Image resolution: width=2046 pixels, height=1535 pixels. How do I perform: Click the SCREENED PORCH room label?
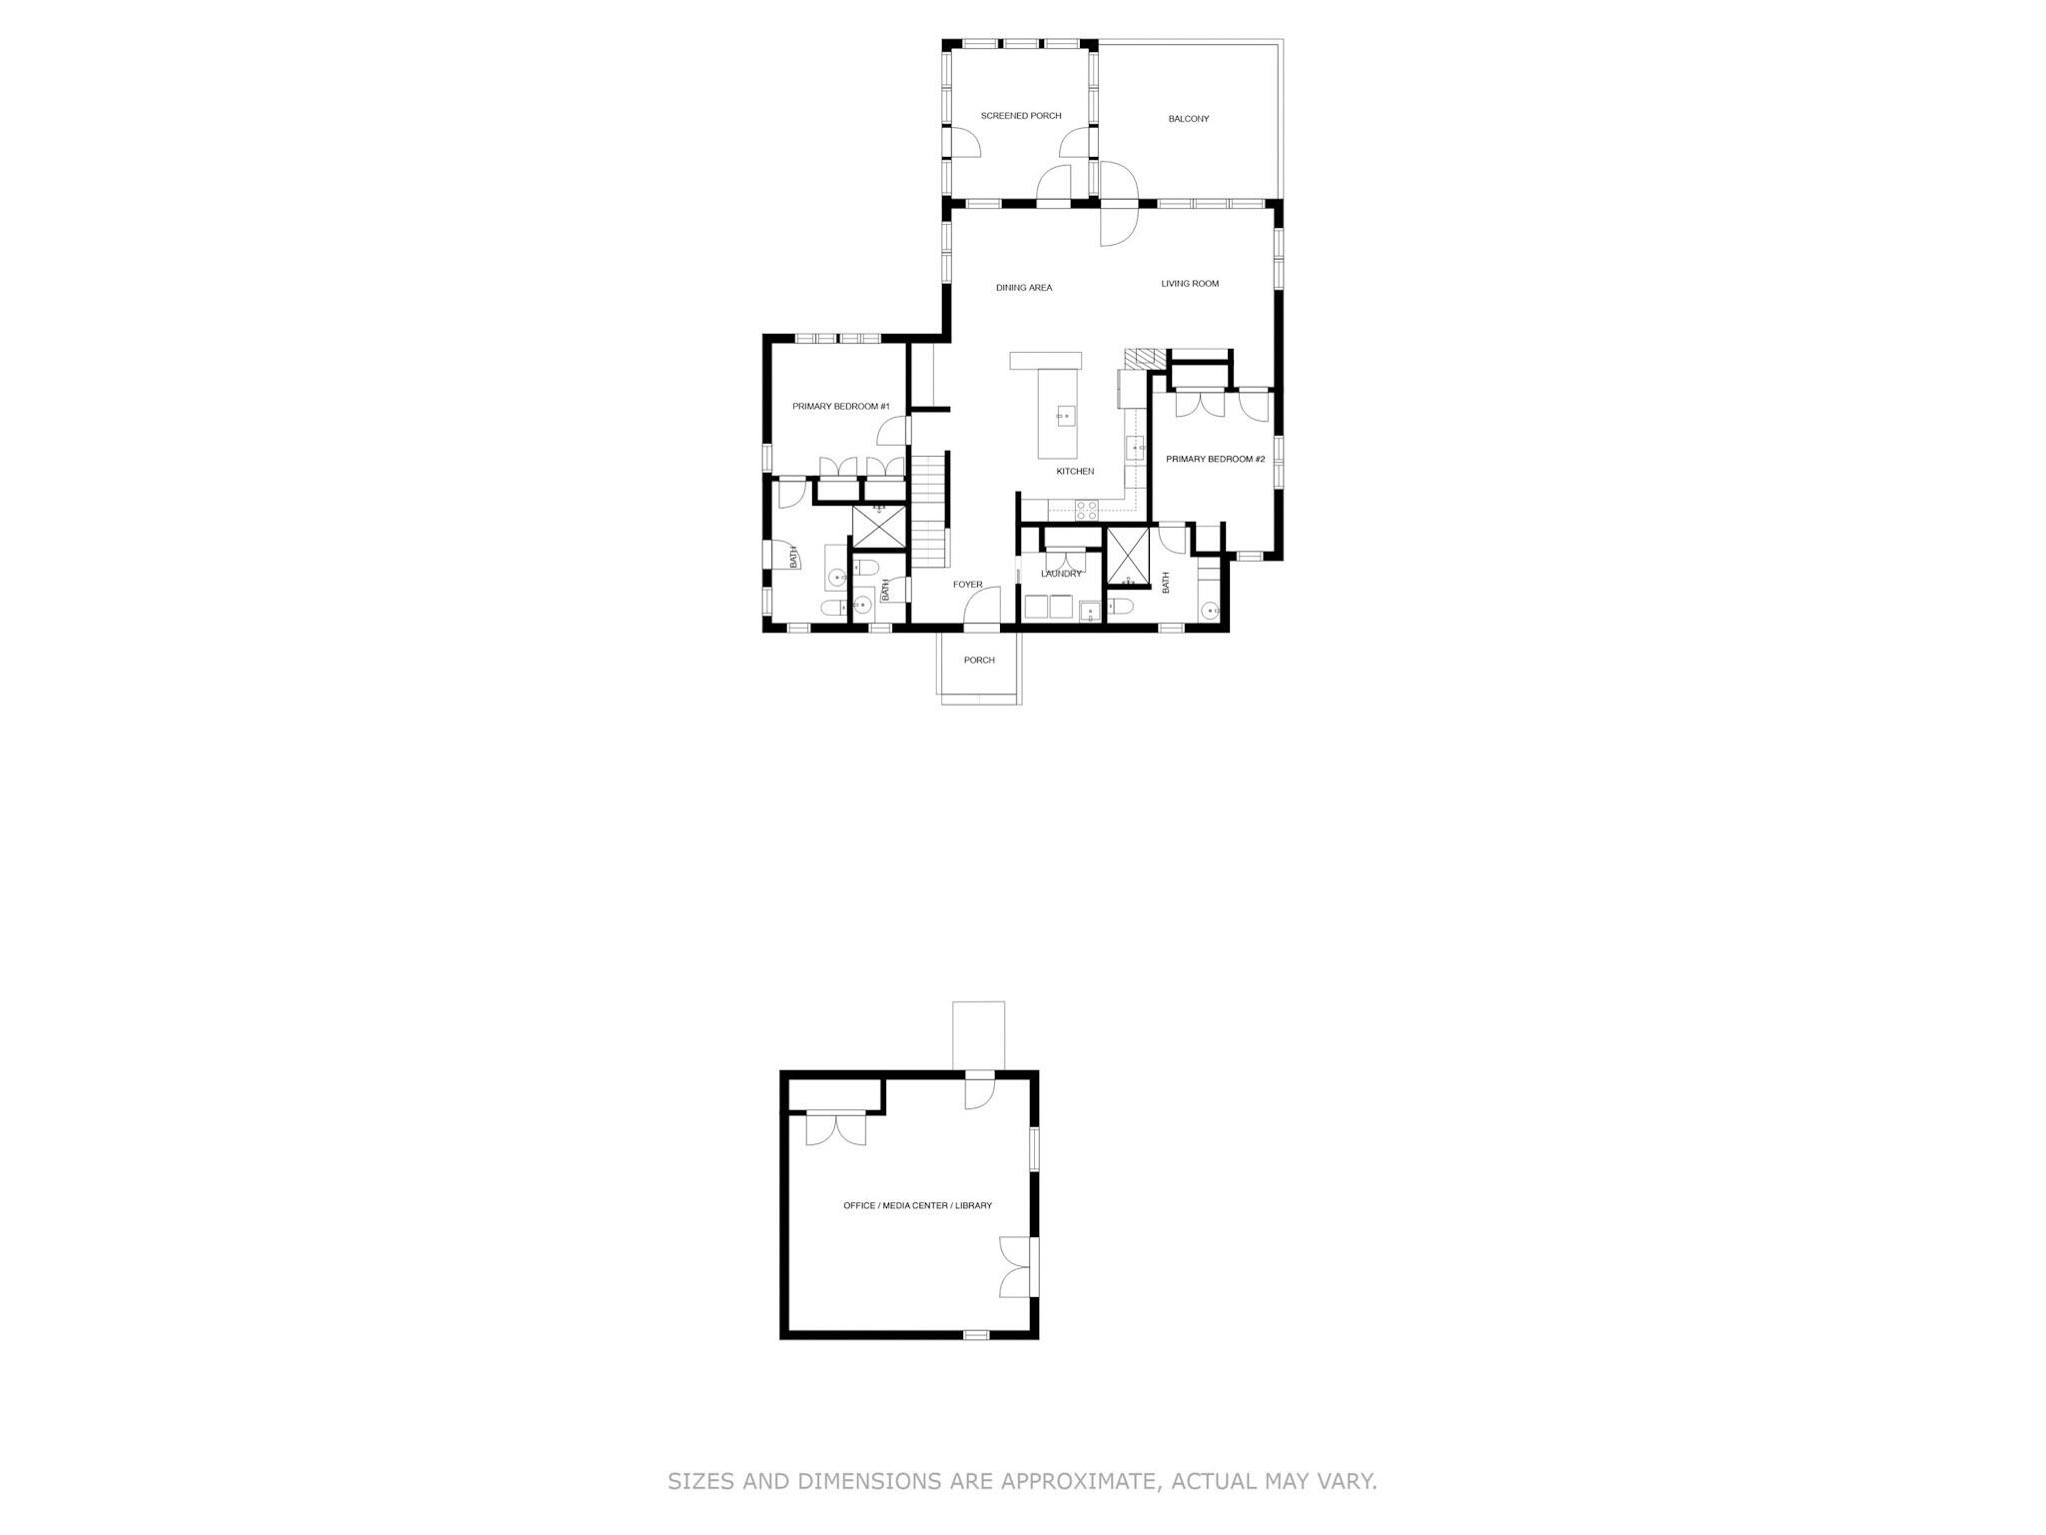tap(1020, 116)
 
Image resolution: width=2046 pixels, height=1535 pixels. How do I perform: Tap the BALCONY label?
tap(1189, 119)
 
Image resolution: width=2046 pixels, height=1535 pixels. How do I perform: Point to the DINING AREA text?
tap(1024, 288)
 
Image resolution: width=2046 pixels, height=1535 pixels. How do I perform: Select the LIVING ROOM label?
tap(1190, 284)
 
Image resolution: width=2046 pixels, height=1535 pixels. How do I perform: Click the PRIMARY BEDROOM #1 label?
tap(840, 407)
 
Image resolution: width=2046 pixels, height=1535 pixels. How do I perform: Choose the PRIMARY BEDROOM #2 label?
tap(1216, 459)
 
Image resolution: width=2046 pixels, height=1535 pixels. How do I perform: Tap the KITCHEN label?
tap(1075, 472)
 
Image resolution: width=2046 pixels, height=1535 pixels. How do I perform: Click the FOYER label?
tap(967, 585)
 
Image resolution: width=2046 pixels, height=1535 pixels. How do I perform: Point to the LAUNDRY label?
tap(1061, 574)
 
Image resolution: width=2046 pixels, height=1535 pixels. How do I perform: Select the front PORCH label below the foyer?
tap(979, 660)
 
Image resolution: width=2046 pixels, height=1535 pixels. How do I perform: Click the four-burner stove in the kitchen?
tap(1087, 510)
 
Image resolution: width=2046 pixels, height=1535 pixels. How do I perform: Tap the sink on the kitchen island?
tap(1064, 415)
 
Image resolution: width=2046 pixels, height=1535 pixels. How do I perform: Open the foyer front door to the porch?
tap(985, 609)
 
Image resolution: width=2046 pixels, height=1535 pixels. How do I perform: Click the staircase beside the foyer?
tap(930, 510)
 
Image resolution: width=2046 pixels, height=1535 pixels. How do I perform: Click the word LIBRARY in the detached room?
tap(973, 1206)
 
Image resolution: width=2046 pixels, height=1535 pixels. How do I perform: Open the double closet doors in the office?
tap(836, 1129)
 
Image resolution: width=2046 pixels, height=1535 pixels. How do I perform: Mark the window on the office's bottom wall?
tap(976, 1334)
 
